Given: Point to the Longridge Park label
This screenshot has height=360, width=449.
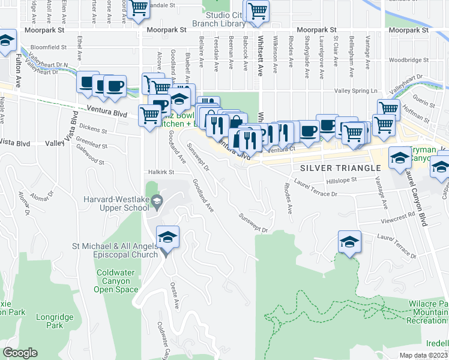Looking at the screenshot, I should click(54, 321).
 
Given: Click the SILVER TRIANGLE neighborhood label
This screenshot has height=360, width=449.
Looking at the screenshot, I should click(341, 167).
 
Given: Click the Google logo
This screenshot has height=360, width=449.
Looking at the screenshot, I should click(20, 353).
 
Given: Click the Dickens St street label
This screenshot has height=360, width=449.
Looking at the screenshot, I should click(93, 129).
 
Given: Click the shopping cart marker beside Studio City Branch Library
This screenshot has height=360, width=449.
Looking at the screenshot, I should click(258, 11).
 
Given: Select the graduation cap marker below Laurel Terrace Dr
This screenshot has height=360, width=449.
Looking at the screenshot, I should click(349, 242).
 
